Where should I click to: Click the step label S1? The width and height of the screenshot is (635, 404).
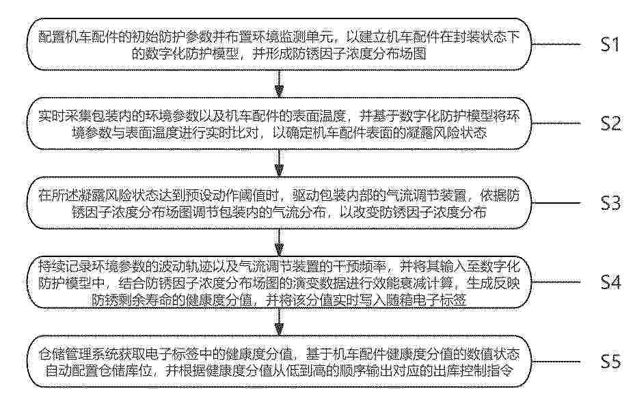(610, 44)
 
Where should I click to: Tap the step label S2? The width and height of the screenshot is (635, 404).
(610, 124)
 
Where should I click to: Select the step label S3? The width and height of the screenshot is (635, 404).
(610, 203)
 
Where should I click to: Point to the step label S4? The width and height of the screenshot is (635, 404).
(610, 282)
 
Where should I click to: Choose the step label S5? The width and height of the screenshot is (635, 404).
(610, 362)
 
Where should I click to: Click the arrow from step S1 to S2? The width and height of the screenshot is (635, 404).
(279, 84)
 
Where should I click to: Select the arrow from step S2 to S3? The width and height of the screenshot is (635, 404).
(279, 163)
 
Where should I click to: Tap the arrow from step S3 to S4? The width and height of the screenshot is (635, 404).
(279, 243)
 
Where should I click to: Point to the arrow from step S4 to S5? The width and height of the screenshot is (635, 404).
(279, 322)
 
